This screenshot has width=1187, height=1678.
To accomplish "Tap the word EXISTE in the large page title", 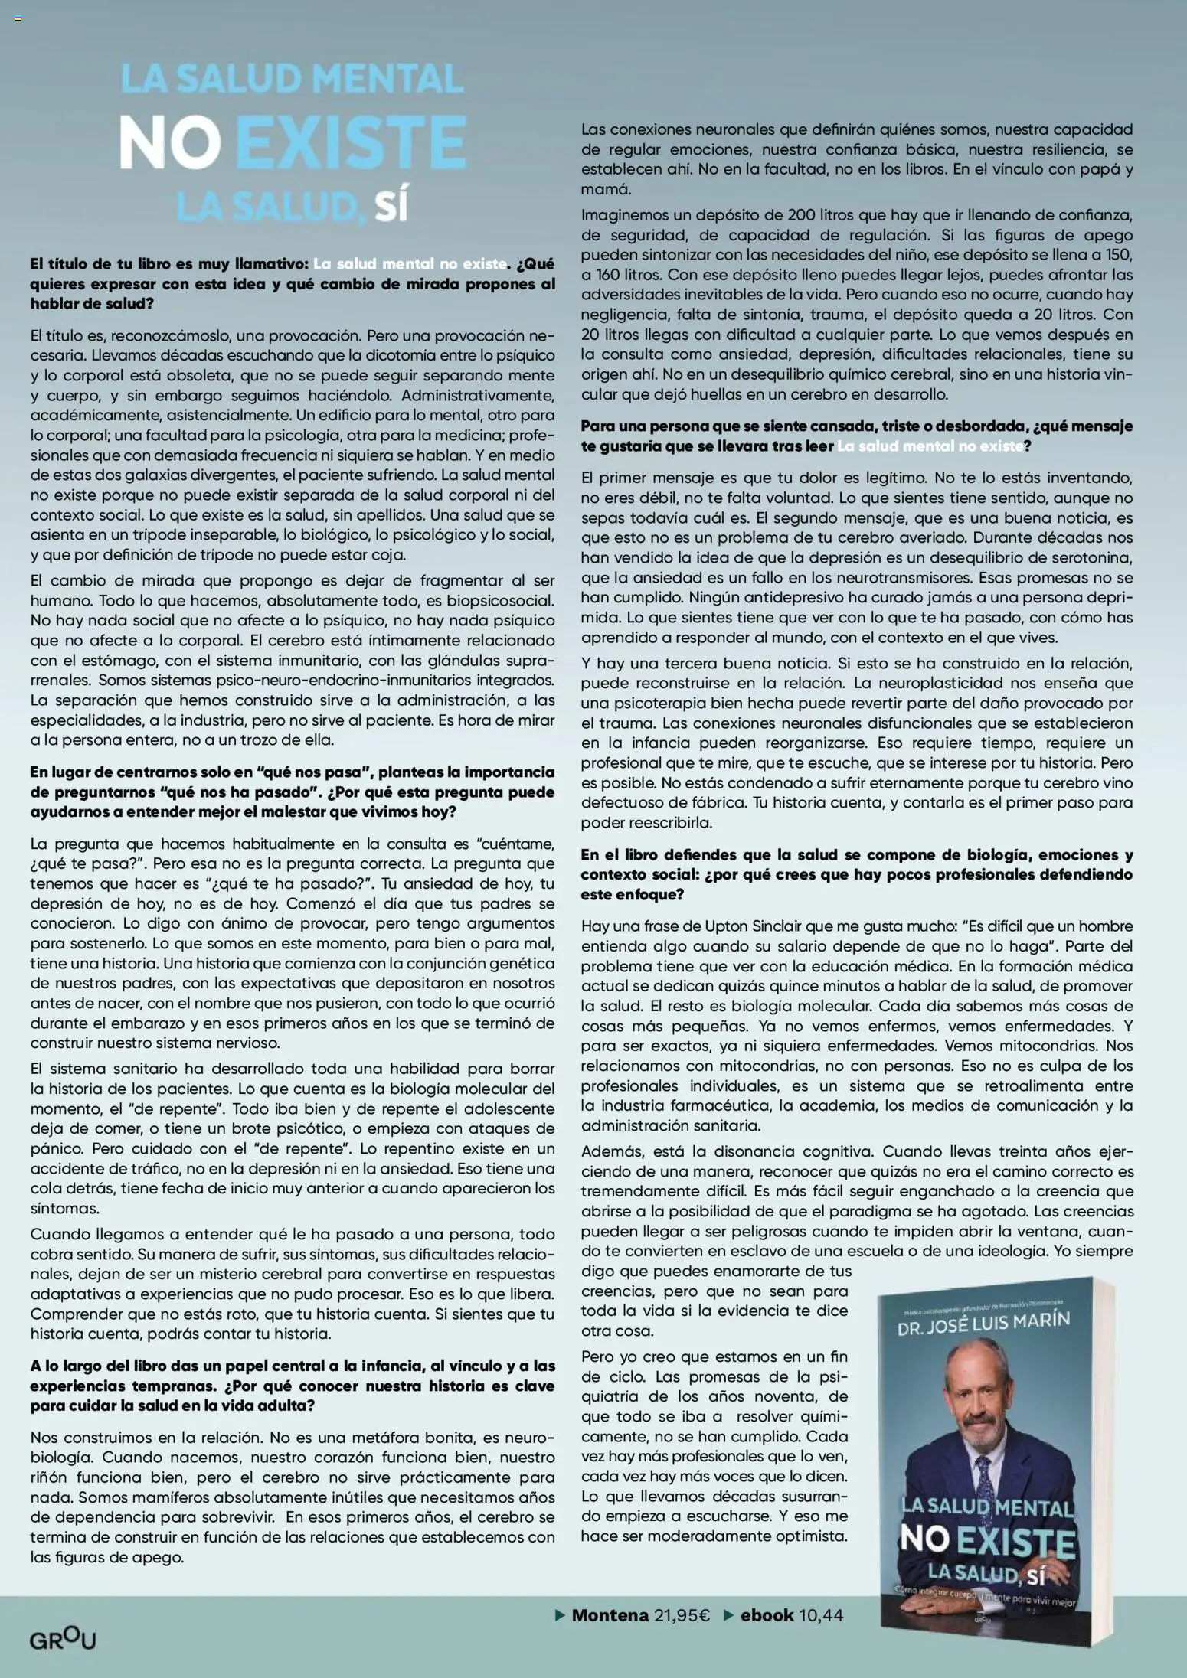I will [357, 143].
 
